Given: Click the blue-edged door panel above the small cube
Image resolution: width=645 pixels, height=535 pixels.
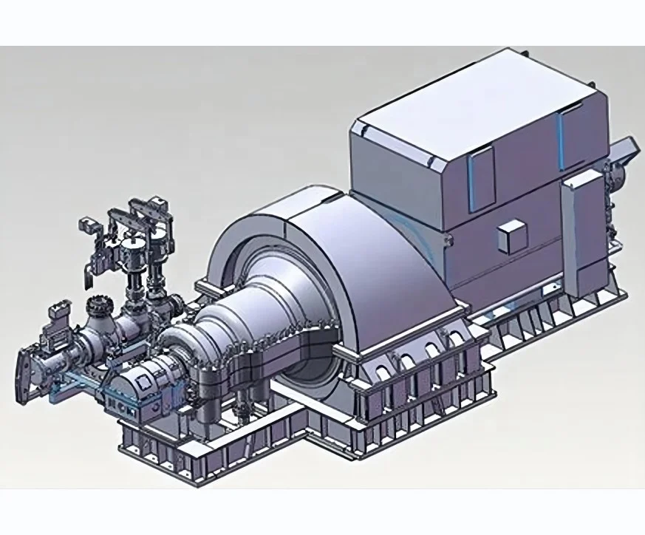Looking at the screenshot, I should [480, 176].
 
